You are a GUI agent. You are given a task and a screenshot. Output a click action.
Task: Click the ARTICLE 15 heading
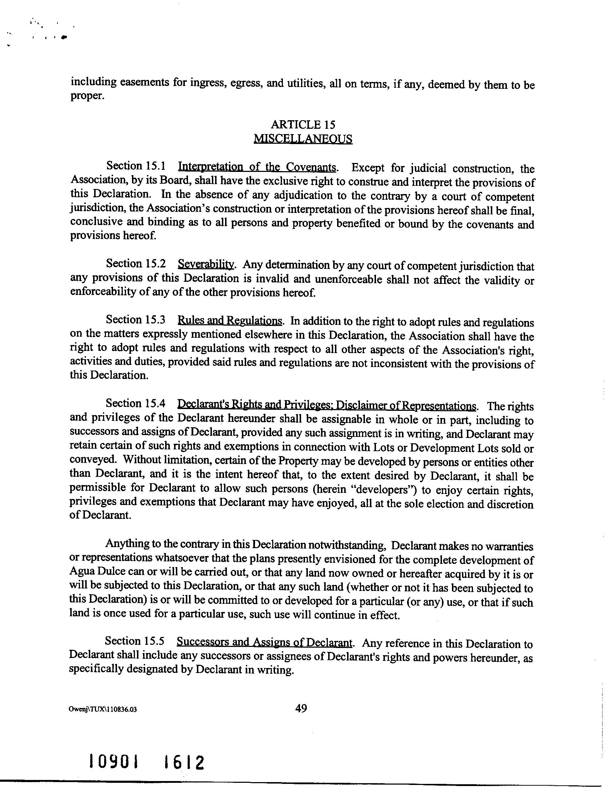click(x=303, y=124)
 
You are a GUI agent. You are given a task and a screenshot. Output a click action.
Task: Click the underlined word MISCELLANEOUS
click(x=303, y=139)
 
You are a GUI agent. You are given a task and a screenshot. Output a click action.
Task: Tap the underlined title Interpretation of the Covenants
click(x=256, y=167)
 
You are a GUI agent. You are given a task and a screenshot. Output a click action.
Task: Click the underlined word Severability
click(x=205, y=264)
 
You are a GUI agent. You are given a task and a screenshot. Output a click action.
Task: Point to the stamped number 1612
click(x=183, y=762)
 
